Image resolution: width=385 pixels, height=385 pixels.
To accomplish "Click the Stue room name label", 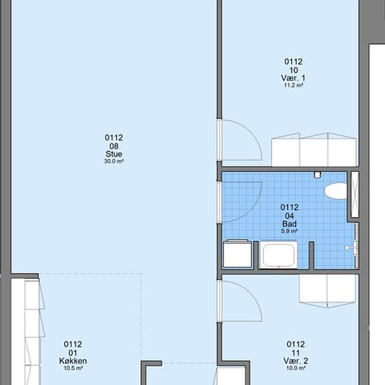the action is coord(114,154).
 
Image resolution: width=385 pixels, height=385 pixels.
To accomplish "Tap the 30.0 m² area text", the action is coord(113,161).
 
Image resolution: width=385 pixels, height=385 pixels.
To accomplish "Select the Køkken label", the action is coord(73,360).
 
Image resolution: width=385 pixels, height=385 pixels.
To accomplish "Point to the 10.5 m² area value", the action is coord(73,368).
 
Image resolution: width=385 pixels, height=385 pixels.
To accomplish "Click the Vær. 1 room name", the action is coord(293,78).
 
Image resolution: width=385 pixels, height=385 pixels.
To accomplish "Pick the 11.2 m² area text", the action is coord(293,85).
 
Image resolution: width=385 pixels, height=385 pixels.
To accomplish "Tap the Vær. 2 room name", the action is coord(295,360).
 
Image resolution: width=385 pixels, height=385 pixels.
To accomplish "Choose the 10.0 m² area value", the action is coord(295,368).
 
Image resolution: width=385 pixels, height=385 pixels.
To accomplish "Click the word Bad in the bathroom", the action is coord(290,224).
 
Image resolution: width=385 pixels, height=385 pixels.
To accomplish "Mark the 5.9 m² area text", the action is coord(290,231).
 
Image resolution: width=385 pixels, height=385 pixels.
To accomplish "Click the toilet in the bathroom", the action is coord(335,190).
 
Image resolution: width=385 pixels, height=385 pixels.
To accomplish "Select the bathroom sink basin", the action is coord(279,255).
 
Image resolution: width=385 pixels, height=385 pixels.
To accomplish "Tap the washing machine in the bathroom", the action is coord(238,254).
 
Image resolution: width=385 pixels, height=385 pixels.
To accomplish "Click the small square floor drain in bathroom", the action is coord(318,174).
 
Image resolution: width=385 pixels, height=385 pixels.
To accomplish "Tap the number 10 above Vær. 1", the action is coord(293,70).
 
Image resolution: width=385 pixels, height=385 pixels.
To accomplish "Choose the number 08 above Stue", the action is coord(114,146).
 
